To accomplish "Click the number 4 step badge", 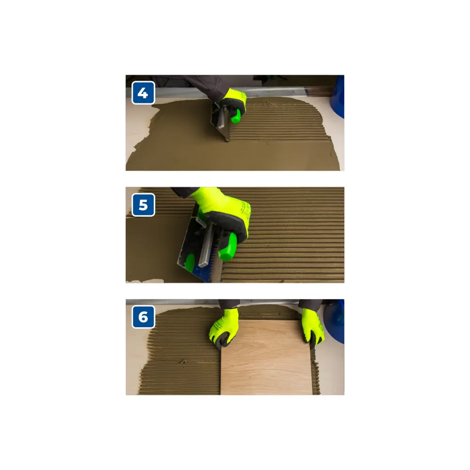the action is tap(143, 93).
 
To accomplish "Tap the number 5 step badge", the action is tap(143, 205).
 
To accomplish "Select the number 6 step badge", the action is tap(143, 317).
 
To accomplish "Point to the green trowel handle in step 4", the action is tap(236, 117).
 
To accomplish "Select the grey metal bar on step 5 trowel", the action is tap(206, 243).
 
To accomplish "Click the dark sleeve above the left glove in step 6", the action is tap(229, 304).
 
